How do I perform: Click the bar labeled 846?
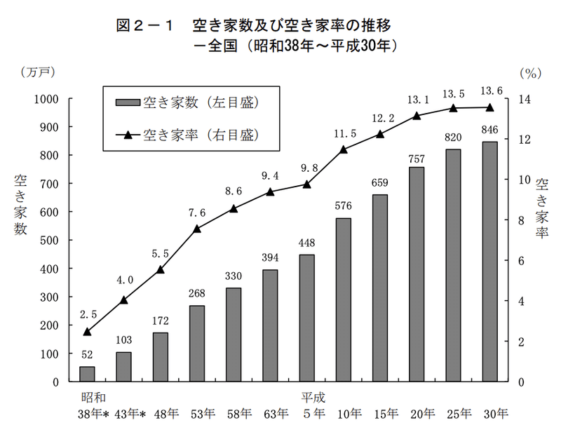click(x=489, y=262)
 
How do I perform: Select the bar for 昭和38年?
click(x=87, y=374)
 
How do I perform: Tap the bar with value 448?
click(x=306, y=318)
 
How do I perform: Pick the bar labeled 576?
click(x=343, y=300)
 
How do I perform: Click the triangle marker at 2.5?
click(x=87, y=332)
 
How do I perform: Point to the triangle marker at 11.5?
click(x=343, y=149)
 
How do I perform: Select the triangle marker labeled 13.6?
click(x=489, y=107)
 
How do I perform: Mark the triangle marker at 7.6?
click(x=197, y=229)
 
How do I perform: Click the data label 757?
click(x=417, y=159)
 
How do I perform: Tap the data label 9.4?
click(x=270, y=176)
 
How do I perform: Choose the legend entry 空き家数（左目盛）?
click(x=187, y=102)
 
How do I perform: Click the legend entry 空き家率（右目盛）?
click(x=187, y=135)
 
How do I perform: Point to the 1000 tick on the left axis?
click(x=46, y=99)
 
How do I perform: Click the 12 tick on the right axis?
click(x=525, y=140)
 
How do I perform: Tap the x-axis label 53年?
click(x=203, y=414)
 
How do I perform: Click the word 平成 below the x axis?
click(x=313, y=397)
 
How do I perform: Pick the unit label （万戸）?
click(x=38, y=72)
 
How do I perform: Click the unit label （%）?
click(x=531, y=74)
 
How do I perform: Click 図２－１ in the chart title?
click(x=144, y=25)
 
